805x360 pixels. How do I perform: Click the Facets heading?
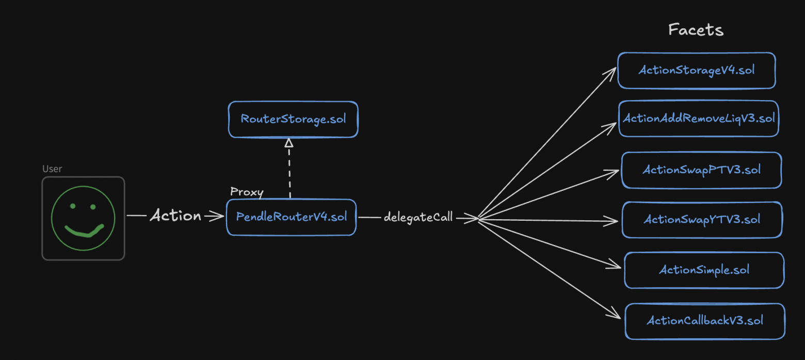[696, 30]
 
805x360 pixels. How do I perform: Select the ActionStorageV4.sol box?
[697, 70]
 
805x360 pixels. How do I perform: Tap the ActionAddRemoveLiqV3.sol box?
[699, 119]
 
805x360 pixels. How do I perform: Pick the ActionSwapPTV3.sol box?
[701, 170]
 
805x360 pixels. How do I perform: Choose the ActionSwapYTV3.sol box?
[702, 220]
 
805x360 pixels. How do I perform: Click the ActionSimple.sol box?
[704, 270]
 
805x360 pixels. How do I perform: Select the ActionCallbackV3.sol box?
[705, 321]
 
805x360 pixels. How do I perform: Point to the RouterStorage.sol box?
[293, 120]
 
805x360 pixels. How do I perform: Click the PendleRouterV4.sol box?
[291, 217]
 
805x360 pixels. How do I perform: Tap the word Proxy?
[247, 192]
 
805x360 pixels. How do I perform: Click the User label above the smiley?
[52, 169]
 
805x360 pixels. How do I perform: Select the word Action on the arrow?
[175, 216]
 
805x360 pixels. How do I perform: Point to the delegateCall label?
[418, 217]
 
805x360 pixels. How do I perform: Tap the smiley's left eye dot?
[73, 206]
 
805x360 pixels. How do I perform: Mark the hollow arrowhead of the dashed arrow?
[289, 143]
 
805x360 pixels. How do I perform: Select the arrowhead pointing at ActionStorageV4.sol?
[612, 70]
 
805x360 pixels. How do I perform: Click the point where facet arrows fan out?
[479, 219]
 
